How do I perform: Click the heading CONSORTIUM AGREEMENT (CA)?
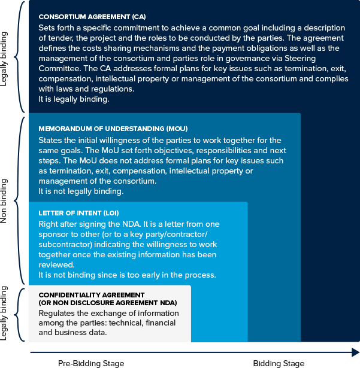pyautogui.click(x=92, y=17)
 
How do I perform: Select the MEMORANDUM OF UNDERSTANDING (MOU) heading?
pyautogui.click(x=113, y=129)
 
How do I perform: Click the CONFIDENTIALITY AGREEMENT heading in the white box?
pyautogui.click(x=92, y=295)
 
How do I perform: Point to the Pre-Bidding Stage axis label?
pyautogui.click(x=91, y=363)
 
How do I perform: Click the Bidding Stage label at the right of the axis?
pyautogui.click(x=278, y=363)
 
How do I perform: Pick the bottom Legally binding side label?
pyautogui.click(x=5, y=313)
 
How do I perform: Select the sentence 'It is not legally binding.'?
pyautogui.click(x=81, y=191)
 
